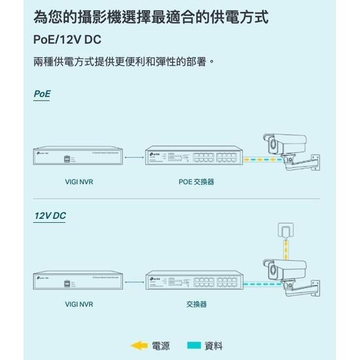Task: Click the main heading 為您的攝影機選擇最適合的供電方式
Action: point(150,16)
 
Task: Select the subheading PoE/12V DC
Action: point(67,40)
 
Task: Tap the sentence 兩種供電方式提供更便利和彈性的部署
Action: point(123,63)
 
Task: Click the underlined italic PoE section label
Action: point(42,94)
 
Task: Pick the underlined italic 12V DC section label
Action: point(50,216)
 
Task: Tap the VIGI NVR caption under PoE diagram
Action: point(79,182)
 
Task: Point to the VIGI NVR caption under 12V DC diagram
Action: point(79,304)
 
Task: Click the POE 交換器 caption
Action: point(196,182)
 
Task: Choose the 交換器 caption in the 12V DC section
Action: point(196,304)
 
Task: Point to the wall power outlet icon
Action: point(286,231)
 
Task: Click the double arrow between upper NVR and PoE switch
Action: point(133,157)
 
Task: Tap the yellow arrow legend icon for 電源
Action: point(139,346)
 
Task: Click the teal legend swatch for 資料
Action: point(193,346)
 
